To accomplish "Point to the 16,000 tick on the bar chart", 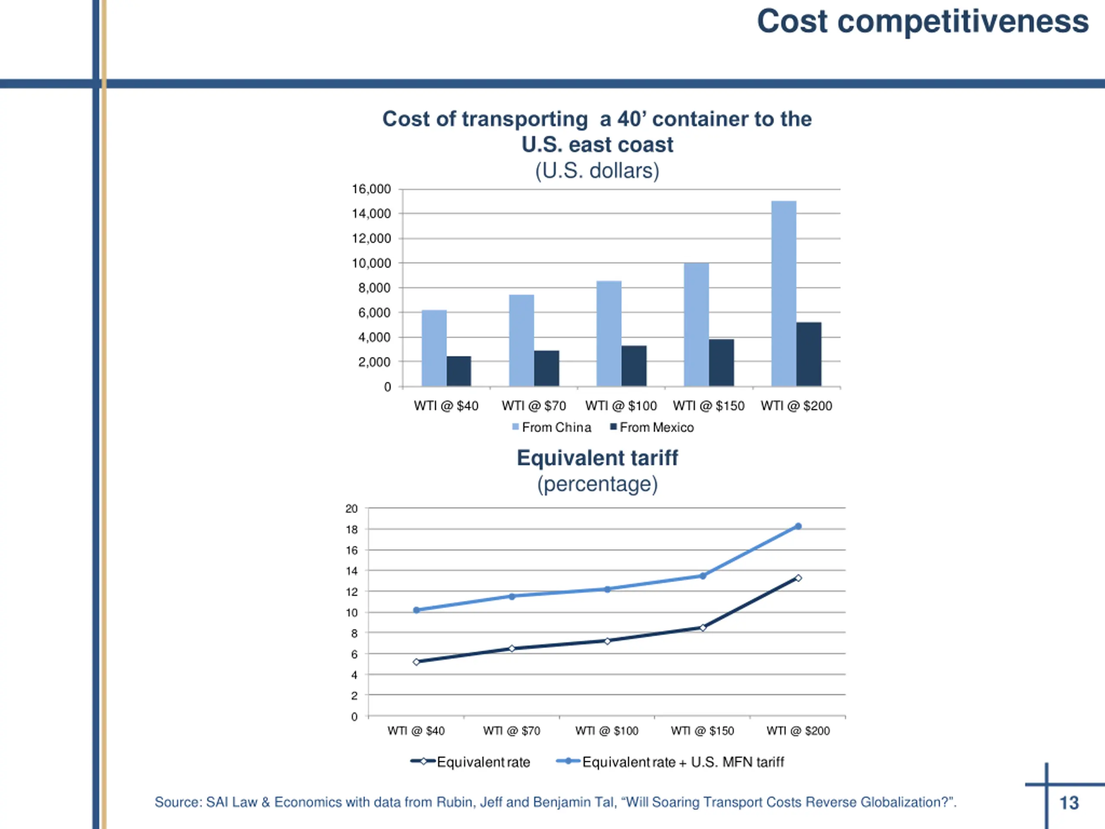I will pyautogui.click(x=371, y=189).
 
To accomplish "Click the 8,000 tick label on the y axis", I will pyautogui.click(x=374, y=288).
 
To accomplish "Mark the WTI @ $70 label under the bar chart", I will pyautogui.click(x=534, y=406).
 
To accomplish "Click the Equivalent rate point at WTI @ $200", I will pyautogui.click(x=798, y=578).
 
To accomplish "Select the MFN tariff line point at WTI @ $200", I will pyautogui.click(x=798, y=526).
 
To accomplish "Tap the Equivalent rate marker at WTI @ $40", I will pyautogui.click(x=416, y=662).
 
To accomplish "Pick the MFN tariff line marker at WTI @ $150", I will pyautogui.click(x=702, y=576).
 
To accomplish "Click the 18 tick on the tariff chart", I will pyautogui.click(x=352, y=529).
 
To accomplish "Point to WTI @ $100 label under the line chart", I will pyautogui.click(x=606, y=731).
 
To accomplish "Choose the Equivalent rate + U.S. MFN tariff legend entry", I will pyautogui.click(x=670, y=762).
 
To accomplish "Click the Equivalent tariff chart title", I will pyautogui.click(x=597, y=458).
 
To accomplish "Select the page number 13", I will pyautogui.click(x=1069, y=803).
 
